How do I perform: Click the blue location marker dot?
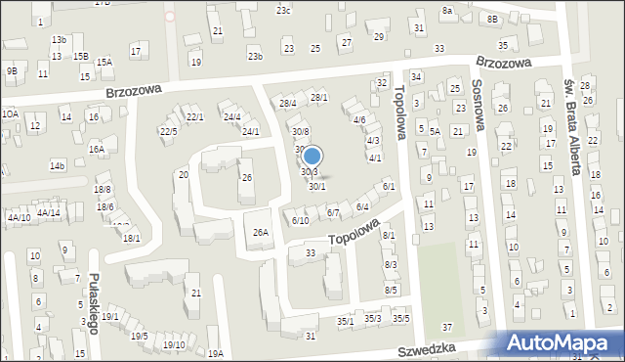312,156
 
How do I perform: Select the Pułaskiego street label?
94,303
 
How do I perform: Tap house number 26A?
261,232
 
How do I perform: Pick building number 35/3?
372,318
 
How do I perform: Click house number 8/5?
391,290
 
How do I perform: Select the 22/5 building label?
169,131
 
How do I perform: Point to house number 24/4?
231,117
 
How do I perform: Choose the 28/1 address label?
319,98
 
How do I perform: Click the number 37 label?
447,327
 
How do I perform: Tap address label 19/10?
174,344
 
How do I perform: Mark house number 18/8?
103,189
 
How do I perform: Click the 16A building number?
96,150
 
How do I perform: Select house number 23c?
283,10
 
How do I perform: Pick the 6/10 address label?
300,220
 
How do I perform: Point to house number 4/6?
359,120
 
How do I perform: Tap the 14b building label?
58,166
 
